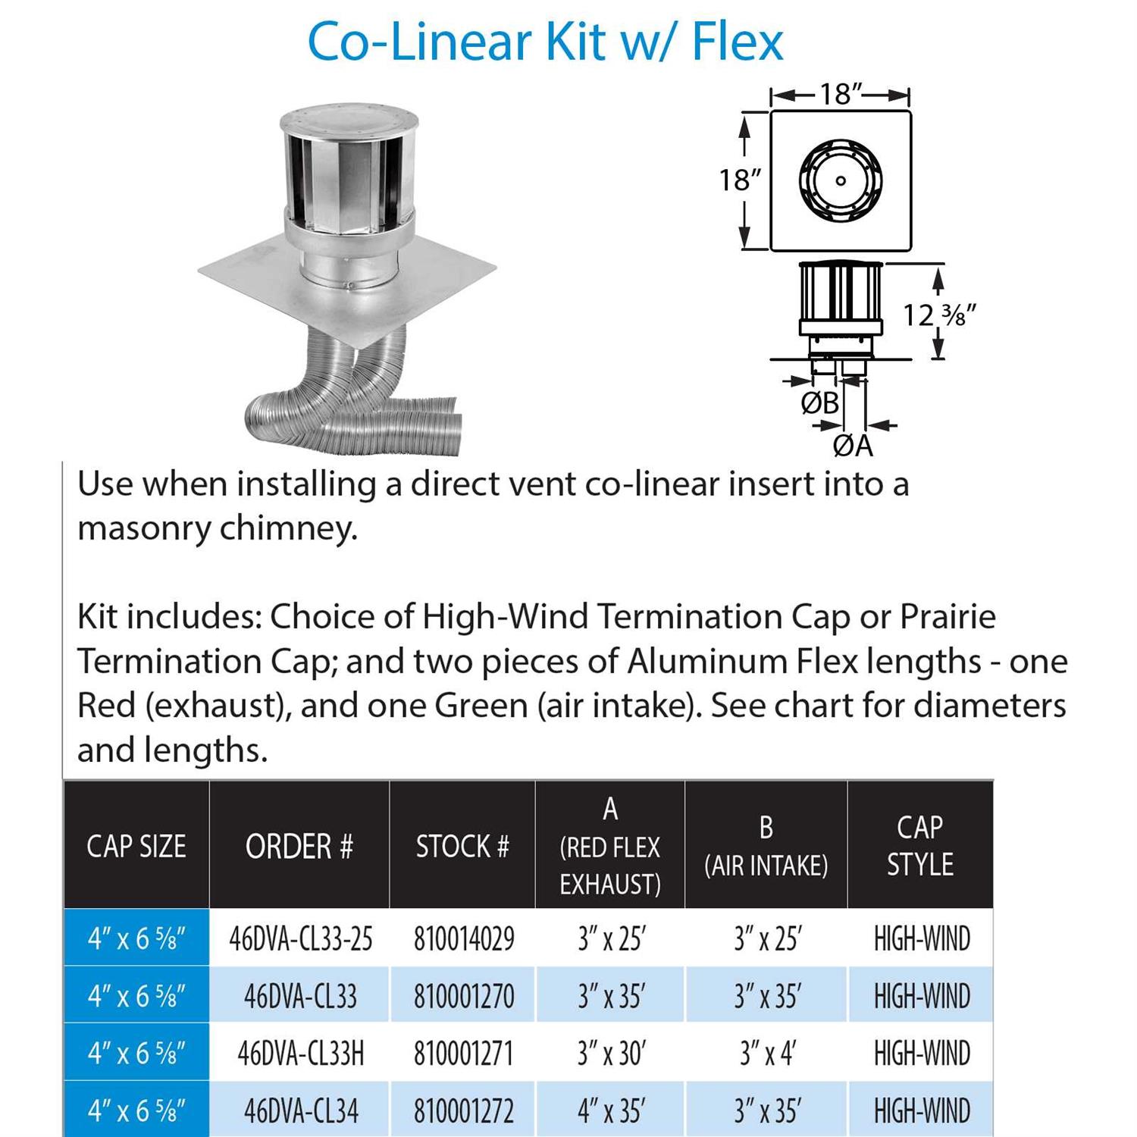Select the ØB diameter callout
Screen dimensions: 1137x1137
[x=819, y=403]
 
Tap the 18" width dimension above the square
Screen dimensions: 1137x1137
[x=841, y=95]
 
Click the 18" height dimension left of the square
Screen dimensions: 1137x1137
[x=739, y=180]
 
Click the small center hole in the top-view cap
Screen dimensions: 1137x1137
[x=840, y=181]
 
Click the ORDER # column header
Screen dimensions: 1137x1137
[x=299, y=846]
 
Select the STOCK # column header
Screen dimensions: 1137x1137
[x=462, y=846]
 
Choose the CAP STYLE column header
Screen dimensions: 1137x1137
[x=919, y=846]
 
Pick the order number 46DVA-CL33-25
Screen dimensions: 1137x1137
[x=300, y=939]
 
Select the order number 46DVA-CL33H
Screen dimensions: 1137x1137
[x=300, y=1054]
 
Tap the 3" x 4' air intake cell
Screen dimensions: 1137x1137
[x=766, y=1054]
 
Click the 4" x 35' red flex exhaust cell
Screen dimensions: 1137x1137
[x=610, y=1111]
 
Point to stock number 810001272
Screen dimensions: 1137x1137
[x=463, y=1111]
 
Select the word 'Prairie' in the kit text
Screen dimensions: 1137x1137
[x=947, y=617]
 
